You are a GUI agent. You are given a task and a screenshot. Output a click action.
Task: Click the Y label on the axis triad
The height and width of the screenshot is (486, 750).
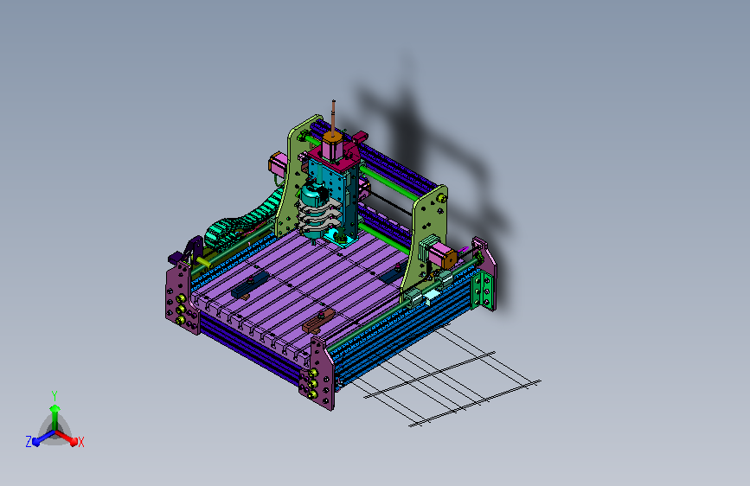tap(54, 396)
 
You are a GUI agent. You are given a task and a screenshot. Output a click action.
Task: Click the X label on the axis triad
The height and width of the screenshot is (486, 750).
tap(80, 443)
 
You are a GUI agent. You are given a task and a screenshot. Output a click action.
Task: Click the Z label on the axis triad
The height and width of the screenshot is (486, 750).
tap(29, 442)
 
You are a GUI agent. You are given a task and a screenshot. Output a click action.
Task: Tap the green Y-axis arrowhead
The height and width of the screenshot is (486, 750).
tap(55, 408)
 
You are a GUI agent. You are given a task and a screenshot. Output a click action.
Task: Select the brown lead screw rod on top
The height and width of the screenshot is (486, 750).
tap(333, 117)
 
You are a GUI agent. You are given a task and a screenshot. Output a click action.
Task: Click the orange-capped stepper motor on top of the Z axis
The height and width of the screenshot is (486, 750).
tap(332, 146)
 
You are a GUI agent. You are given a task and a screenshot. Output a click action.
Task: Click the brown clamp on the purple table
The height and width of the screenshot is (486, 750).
tap(318, 322)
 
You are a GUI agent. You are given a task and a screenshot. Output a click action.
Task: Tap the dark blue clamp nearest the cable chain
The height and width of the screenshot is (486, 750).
tap(250, 285)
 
